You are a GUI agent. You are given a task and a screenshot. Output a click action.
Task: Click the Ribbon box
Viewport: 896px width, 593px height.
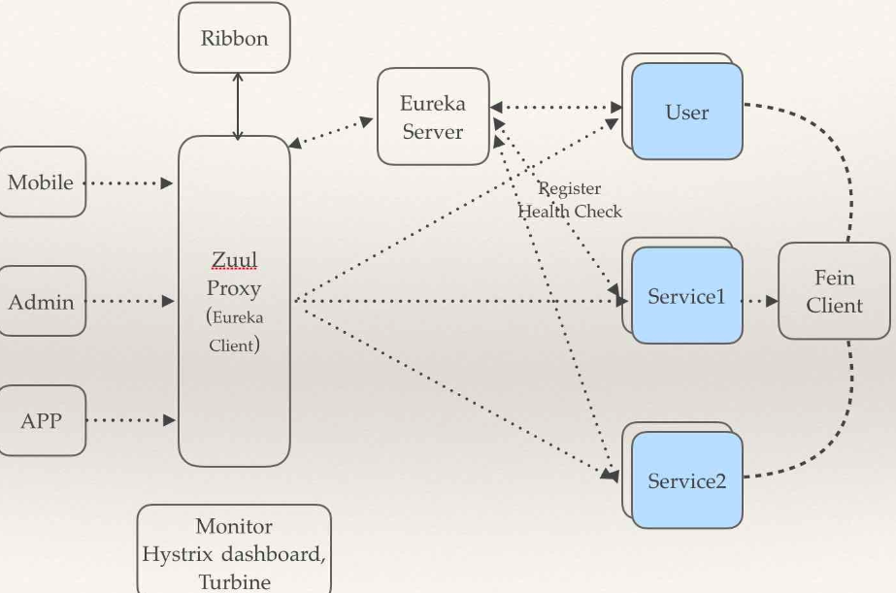(234, 39)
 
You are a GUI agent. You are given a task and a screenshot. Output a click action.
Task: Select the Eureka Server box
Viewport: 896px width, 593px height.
(433, 116)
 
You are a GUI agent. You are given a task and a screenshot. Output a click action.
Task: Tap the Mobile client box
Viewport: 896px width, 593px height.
(41, 181)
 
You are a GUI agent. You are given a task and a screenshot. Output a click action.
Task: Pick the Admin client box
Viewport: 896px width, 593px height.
(41, 302)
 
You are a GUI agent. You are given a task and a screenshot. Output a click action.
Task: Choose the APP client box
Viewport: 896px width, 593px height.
(41, 421)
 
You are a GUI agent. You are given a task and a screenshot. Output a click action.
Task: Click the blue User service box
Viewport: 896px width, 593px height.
(687, 112)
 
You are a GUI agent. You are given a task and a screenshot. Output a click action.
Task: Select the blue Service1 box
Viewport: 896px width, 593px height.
(687, 296)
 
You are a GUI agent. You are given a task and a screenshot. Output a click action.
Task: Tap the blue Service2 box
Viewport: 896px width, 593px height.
(687, 480)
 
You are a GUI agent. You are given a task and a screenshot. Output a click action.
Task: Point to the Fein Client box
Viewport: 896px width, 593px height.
(834, 291)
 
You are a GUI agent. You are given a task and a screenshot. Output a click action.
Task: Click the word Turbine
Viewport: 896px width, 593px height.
(234, 581)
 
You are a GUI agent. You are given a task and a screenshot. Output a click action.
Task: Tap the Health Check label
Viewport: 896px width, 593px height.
(570, 211)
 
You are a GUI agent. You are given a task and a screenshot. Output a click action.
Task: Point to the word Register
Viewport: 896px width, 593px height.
(570, 188)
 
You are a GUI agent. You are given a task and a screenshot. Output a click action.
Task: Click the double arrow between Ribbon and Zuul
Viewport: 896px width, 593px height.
(237, 106)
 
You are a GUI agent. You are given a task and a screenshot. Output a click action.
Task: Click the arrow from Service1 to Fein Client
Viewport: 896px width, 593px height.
(760, 301)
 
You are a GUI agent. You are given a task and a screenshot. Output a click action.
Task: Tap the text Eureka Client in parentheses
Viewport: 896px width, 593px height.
(234, 331)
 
